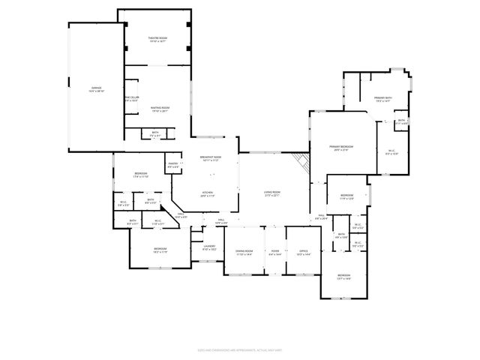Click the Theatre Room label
[157, 38]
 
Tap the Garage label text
[97, 88]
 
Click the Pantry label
[172, 164]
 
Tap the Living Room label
[272, 193]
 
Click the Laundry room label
[209, 247]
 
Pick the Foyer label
[275, 252]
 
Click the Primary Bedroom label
[341, 147]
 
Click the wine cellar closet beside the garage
[132, 98]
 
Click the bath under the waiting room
[155, 133]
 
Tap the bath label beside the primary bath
[401, 121]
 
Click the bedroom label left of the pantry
[141, 175]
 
